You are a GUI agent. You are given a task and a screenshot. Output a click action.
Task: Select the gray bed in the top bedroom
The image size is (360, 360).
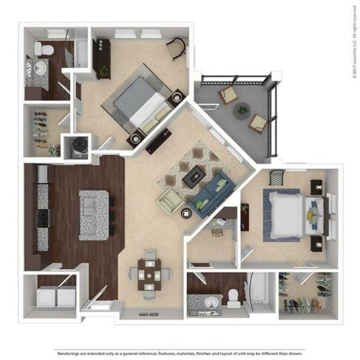click(138, 104)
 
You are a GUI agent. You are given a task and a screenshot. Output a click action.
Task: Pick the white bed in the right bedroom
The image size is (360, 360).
click(287, 215)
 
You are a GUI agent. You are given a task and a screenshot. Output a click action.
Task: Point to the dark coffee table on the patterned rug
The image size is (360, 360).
click(196, 176)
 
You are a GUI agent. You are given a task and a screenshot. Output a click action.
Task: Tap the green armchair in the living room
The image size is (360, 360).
click(170, 200)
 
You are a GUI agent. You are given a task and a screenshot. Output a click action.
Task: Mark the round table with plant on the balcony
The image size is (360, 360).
click(242, 110)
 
